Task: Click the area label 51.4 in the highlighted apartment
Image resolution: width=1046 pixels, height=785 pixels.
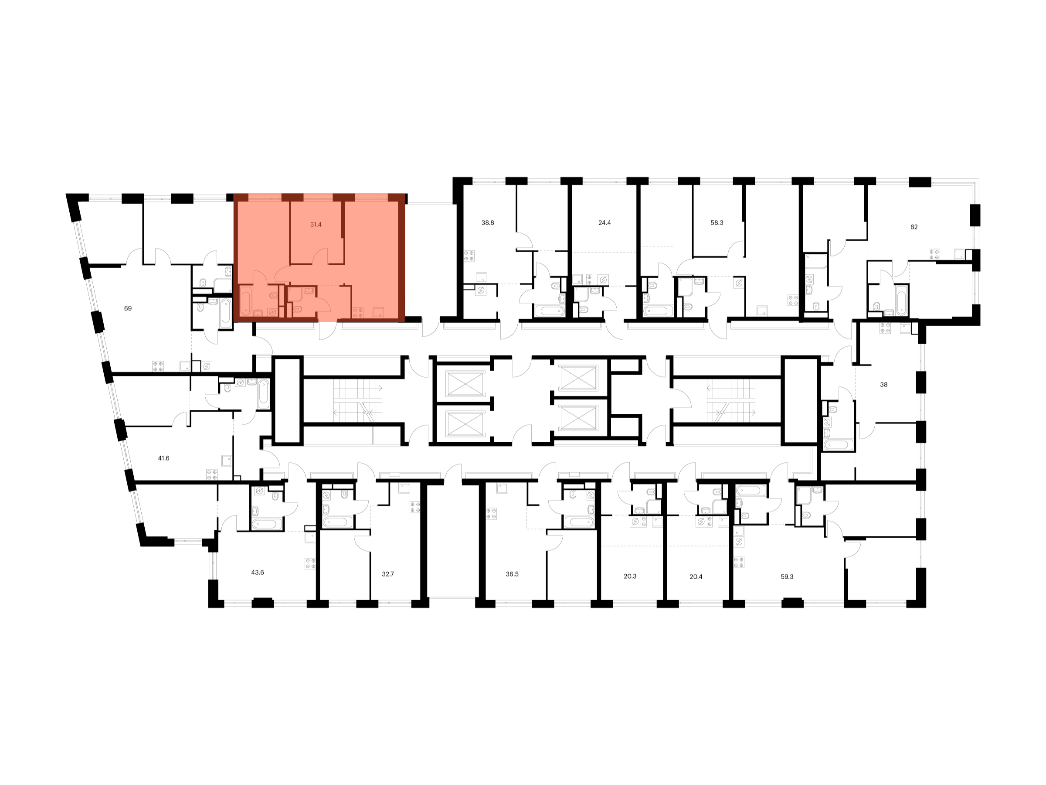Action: tap(316, 225)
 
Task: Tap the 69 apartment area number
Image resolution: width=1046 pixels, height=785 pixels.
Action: tap(128, 308)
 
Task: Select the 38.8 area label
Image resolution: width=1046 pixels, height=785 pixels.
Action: tap(488, 223)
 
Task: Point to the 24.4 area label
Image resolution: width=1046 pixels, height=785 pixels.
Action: tap(605, 223)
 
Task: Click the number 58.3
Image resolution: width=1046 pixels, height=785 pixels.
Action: tap(717, 223)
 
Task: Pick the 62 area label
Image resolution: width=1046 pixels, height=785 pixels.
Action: tap(914, 227)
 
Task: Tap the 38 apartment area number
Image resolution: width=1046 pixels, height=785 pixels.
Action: tap(884, 385)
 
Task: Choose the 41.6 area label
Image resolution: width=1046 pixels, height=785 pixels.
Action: tap(163, 458)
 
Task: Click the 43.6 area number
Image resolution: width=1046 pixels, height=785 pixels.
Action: tap(257, 573)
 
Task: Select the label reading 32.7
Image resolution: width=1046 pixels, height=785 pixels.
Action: tap(388, 574)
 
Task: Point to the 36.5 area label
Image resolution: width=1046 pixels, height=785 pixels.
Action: tap(512, 574)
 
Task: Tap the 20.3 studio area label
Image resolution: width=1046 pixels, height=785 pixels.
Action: tap(630, 577)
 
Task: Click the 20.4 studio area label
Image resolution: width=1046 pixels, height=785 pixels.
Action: tap(696, 577)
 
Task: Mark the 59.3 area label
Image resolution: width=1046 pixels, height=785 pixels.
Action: tap(787, 577)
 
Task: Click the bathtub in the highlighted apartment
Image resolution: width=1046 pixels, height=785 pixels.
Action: tap(246, 301)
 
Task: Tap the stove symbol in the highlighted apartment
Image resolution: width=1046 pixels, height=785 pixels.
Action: tap(358, 313)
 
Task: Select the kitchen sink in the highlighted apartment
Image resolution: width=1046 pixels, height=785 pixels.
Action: tap(378, 312)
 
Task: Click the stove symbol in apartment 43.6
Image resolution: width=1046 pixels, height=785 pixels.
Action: tap(310, 563)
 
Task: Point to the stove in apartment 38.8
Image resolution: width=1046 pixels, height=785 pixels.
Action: tap(469, 256)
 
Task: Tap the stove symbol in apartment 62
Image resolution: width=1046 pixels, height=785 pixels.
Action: tap(934, 254)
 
